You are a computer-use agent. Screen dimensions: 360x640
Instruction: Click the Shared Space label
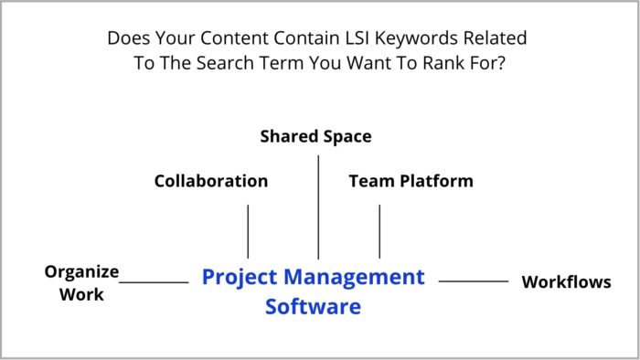[315, 136]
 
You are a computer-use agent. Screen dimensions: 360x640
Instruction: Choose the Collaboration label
[210, 181]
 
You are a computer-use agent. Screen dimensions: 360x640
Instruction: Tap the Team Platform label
[411, 181]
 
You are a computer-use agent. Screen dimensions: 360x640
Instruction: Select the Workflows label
[566, 281]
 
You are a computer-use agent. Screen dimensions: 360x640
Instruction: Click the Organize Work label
[82, 282]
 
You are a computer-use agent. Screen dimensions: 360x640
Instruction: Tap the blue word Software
[313, 306]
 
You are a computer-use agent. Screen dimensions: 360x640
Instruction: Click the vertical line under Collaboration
[248, 231]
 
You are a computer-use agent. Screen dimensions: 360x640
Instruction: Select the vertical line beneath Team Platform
[379, 231]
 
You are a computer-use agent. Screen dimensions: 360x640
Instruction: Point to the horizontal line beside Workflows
[474, 281]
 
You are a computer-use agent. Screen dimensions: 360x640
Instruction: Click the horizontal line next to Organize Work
[154, 282]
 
